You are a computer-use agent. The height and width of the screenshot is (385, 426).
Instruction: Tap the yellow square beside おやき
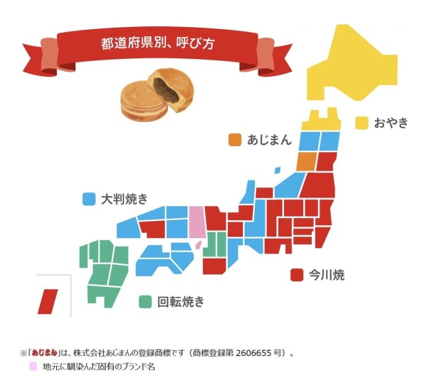pos(361,123)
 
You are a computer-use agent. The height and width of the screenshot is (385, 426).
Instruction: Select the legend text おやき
pos(391,123)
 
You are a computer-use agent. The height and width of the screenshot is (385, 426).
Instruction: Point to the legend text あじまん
pos(269,140)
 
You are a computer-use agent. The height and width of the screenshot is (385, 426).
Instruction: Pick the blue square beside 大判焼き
pos(89,199)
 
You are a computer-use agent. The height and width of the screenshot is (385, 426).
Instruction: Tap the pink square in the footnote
pos(33,367)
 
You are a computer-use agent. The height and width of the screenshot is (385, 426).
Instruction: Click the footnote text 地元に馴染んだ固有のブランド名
pos(99,367)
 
